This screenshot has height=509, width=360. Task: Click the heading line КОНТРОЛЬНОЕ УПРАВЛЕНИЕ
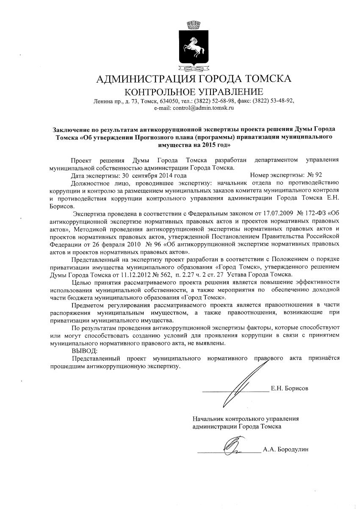coord(194,92)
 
